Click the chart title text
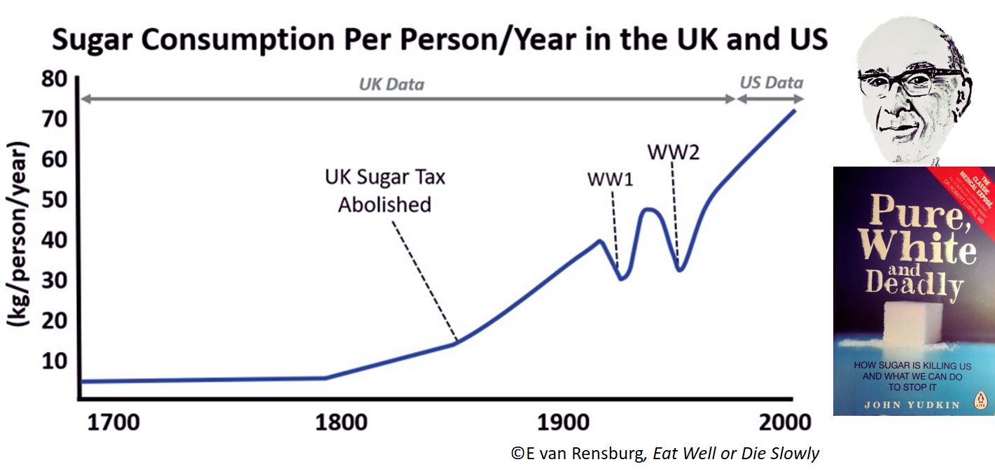[440, 41]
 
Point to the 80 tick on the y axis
[53, 78]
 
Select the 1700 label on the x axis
[111, 423]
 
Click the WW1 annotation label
[610, 179]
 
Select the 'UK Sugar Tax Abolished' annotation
[384, 190]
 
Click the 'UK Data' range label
[391, 85]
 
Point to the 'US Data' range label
[771, 83]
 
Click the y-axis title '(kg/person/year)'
[19, 234]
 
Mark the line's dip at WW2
[679, 270]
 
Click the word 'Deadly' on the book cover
[914, 283]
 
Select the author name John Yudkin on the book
[899, 405]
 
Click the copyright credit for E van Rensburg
[665, 453]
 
